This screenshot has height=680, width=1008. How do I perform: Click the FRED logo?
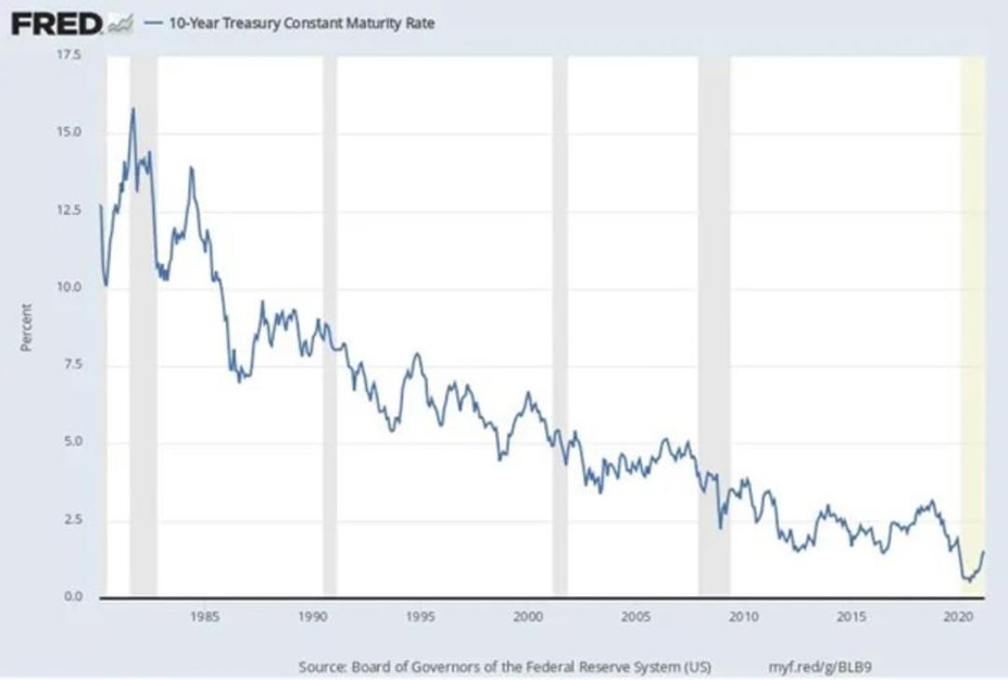[x=57, y=24]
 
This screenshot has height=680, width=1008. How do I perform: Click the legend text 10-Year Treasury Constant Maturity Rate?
[x=301, y=23]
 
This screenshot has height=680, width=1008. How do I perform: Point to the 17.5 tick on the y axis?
[x=70, y=55]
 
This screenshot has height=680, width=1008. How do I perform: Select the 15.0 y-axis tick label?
[x=70, y=132]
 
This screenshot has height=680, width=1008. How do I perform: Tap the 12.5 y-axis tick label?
[x=70, y=210]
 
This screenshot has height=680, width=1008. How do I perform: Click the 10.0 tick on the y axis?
[x=70, y=287]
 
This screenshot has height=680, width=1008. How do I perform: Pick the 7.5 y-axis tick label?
[x=72, y=364]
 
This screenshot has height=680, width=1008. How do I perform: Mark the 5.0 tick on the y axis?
[x=72, y=442]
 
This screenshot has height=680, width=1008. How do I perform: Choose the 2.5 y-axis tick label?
[x=72, y=519]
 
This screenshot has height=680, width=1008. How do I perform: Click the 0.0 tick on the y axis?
[x=72, y=596]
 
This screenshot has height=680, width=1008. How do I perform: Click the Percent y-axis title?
[x=26, y=328]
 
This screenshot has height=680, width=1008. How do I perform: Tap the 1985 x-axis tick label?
[x=204, y=617]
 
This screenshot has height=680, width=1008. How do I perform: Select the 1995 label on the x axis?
[x=420, y=617]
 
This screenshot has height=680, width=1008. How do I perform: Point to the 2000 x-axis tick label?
[x=527, y=617]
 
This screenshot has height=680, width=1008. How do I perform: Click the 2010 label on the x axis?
[x=744, y=617]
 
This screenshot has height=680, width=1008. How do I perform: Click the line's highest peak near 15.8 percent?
[x=133, y=108]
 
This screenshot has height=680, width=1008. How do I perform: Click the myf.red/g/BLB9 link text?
[x=820, y=667]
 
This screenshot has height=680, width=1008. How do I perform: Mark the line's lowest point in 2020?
[x=970, y=581]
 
